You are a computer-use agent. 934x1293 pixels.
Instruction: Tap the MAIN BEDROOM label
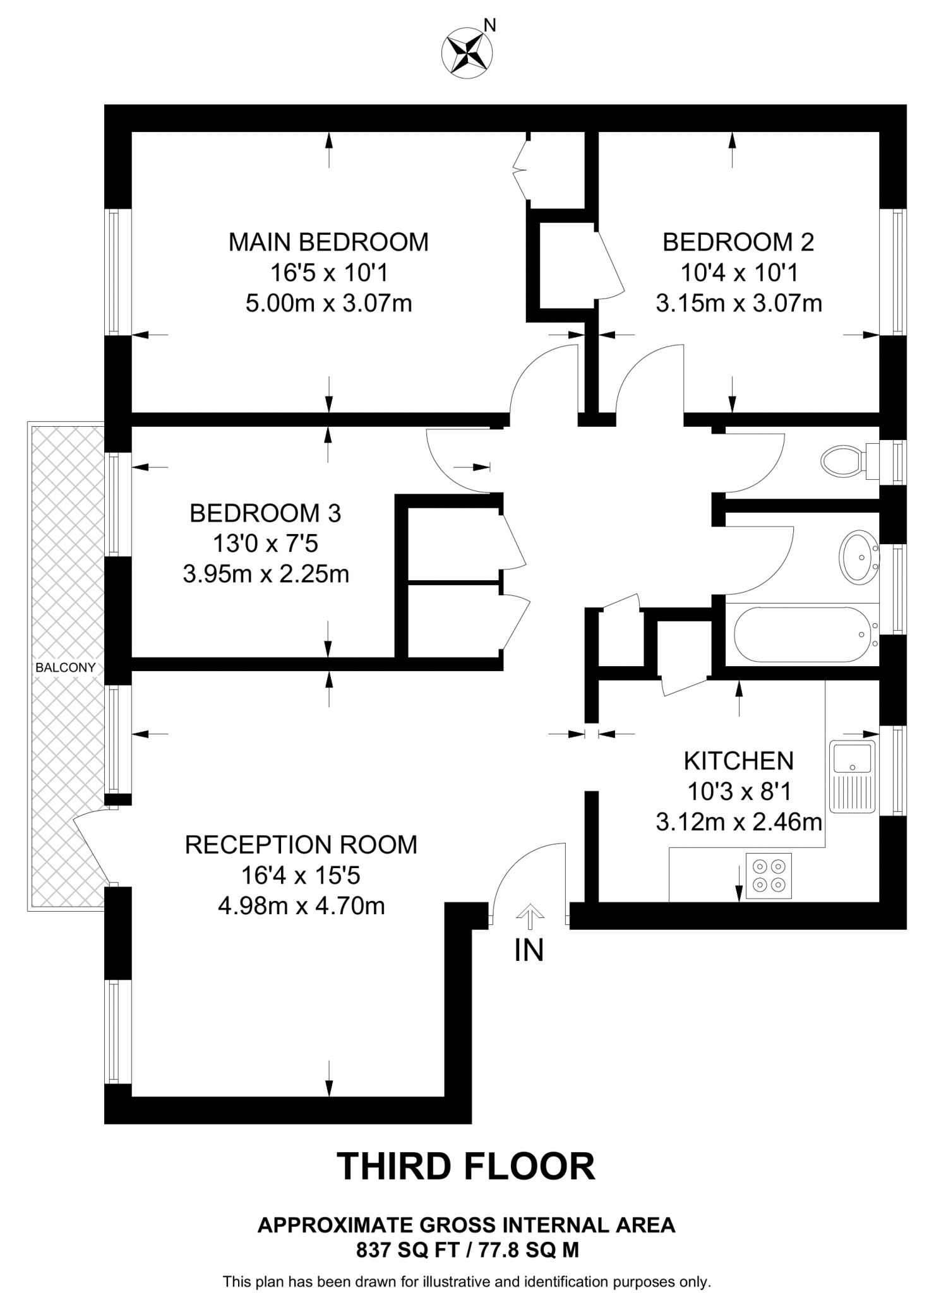[x=328, y=242]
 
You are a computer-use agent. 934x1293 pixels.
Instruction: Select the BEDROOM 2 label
[x=738, y=242]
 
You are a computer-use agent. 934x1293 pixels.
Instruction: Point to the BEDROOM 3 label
[x=265, y=513]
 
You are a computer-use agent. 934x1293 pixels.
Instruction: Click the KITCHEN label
[x=738, y=761]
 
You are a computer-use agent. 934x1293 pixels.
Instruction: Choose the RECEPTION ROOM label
[x=301, y=845]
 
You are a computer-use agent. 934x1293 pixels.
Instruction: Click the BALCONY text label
[x=66, y=667]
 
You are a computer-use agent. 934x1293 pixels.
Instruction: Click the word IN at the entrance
[x=529, y=951]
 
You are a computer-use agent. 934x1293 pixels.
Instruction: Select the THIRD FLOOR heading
[x=467, y=1166]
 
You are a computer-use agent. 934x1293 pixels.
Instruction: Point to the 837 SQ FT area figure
[x=404, y=1249]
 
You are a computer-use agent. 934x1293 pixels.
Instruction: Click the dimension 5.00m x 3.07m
[x=328, y=304]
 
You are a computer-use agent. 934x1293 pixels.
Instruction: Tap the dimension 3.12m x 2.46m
[x=738, y=822]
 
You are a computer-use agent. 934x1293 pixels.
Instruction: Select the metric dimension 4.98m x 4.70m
[x=301, y=906]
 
